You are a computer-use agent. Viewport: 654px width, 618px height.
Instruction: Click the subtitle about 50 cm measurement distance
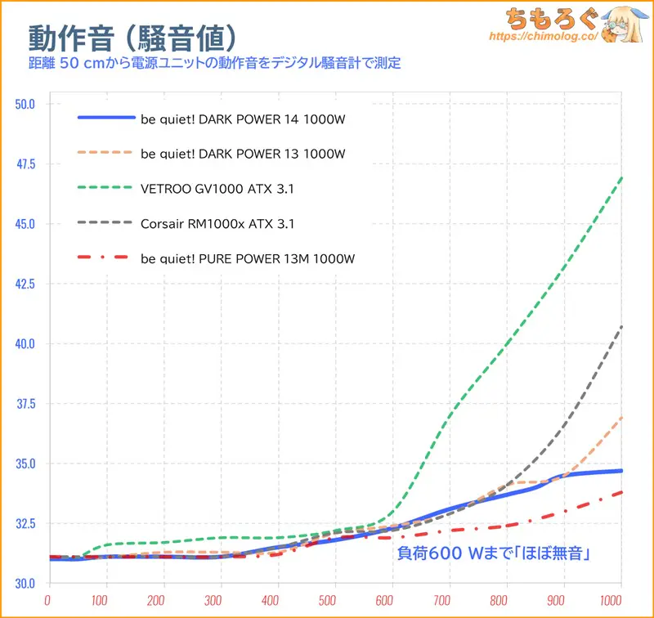coord(214,63)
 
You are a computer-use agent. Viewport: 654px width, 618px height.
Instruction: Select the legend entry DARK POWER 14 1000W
coord(243,119)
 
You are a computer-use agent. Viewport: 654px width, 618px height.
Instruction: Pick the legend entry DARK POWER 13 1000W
coord(243,153)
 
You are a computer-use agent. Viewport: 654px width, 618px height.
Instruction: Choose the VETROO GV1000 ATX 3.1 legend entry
coord(217,188)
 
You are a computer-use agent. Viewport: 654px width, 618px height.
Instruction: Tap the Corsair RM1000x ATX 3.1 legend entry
coord(217,223)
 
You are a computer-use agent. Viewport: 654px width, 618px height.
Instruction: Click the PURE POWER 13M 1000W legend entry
coord(247,258)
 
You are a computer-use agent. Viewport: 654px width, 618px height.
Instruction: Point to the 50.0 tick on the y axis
coord(25,104)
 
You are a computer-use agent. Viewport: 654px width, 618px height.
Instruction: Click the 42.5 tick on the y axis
coord(25,284)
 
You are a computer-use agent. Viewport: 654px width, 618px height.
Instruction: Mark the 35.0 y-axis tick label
coord(25,463)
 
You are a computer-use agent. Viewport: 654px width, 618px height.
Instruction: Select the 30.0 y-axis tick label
coord(25,584)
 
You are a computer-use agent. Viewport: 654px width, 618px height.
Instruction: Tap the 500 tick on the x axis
coord(335,601)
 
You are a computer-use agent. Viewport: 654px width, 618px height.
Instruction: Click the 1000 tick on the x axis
coord(621,601)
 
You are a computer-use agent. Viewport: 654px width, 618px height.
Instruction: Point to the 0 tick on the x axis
coord(50,601)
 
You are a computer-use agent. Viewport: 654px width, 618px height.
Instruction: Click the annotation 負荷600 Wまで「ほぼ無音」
coord(494,553)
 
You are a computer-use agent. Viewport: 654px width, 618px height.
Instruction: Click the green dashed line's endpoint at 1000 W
coord(621,177)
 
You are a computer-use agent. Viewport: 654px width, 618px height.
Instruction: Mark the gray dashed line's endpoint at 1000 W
coord(621,327)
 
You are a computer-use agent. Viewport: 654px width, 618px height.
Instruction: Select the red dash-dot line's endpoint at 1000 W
coord(621,492)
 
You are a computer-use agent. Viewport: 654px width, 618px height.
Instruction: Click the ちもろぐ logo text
coord(544,18)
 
